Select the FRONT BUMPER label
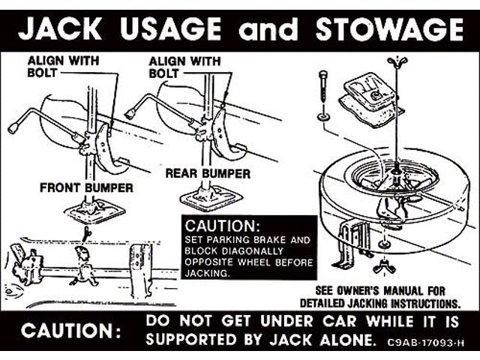coord(87,187)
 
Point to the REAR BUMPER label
coord(208,173)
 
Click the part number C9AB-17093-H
coord(425,342)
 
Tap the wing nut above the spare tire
coord(397,61)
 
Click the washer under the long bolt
coord(323,116)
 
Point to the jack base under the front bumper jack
coord(94,211)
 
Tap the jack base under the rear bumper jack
coord(210,197)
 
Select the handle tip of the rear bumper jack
coord(130,114)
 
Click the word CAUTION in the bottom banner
coord(71,331)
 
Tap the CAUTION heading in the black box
coord(223,226)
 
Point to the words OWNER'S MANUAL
coord(379,290)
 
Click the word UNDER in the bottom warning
coord(286,321)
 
